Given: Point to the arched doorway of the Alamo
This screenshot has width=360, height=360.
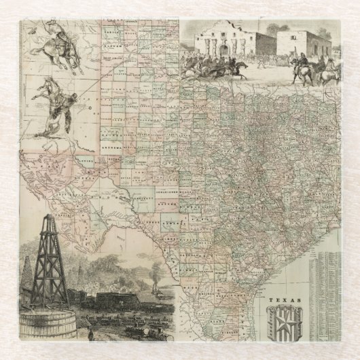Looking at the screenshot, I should [217, 50].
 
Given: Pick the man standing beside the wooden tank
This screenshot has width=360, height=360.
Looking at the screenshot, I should [90, 335].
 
